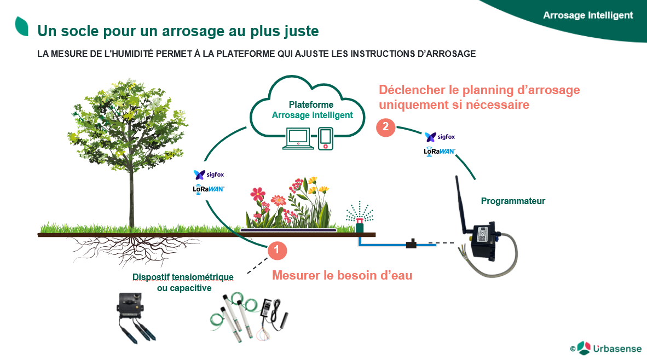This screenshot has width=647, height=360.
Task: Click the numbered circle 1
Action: [x=277, y=251]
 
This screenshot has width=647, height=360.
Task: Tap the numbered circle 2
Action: [x=385, y=127]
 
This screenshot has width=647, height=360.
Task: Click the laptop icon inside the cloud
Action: [x=298, y=138]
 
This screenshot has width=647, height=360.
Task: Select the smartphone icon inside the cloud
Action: [x=326, y=138]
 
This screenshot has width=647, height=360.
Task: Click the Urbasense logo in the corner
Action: [x=606, y=349]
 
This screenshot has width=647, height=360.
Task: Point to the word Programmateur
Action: [x=513, y=201]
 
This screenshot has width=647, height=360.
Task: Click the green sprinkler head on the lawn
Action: [x=360, y=225]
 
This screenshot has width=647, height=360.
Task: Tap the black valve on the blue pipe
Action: [x=411, y=243]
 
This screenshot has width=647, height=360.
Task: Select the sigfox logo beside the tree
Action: [x=209, y=175]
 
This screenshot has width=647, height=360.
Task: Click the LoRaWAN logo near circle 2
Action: [x=440, y=152]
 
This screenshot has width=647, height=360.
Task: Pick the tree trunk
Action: [x=131, y=194]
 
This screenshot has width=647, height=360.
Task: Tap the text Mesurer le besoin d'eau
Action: [x=342, y=275]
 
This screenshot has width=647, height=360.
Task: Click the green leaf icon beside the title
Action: [x=21, y=26]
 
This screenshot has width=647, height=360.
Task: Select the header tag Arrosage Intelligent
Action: [x=587, y=15]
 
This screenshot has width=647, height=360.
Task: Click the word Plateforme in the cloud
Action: [x=311, y=104]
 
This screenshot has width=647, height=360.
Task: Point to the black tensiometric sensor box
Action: [x=130, y=306]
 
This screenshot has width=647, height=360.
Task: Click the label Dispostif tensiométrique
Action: [x=183, y=277]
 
